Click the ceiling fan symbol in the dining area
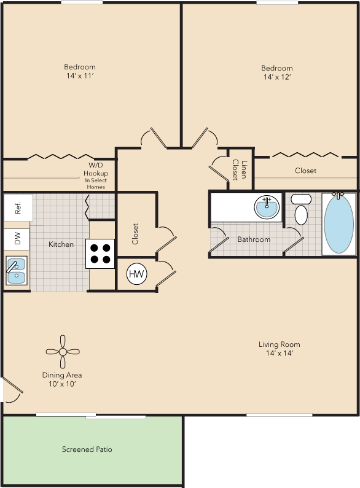coord(63,352)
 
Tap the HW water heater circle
coord(136,274)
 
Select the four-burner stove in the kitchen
coord(100,254)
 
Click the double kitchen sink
coord(16,270)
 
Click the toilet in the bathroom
coord(301,209)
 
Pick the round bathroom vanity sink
coord(267,207)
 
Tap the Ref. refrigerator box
coord(18,207)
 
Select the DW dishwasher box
coord(17,239)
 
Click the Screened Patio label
coord(87,449)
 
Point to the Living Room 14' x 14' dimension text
coord(280,353)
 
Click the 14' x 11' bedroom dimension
coord(80,76)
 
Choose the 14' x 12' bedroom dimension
coord(277,77)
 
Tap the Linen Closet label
coord(239,169)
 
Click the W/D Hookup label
coord(96,169)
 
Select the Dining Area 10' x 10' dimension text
coord(62,384)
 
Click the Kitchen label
coord(61,244)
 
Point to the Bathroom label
coord(254,239)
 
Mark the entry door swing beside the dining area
coord(12,390)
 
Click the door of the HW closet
coord(166,274)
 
